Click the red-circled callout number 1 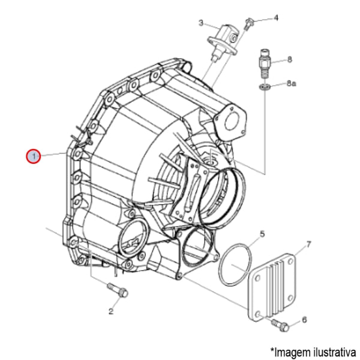[34, 157]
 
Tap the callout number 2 [111, 311]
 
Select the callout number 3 [201, 23]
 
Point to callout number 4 [276, 17]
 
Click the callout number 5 [262, 234]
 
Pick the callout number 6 [304, 320]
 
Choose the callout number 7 [308, 244]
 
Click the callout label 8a [292, 83]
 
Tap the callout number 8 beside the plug [290, 59]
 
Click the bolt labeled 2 [118, 290]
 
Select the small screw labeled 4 [249, 24]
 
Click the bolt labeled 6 [280, 325]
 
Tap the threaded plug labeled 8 [265, 64]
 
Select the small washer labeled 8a [265, 87]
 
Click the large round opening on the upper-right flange [231, 122]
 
